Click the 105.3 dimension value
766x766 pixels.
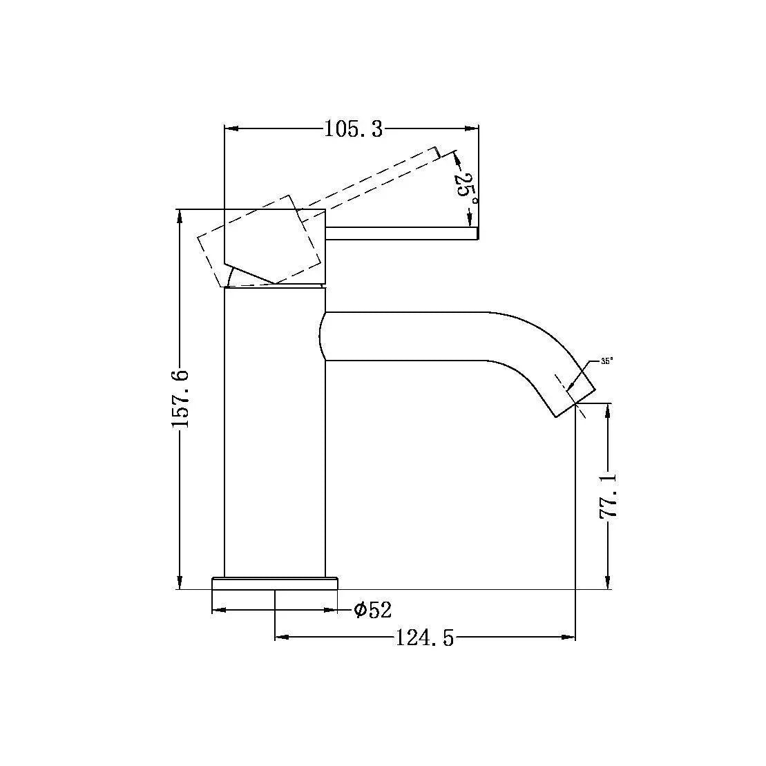353,129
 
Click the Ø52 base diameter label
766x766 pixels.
372,610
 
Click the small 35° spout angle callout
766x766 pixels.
606,361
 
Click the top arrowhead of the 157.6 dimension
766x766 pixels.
180,215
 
